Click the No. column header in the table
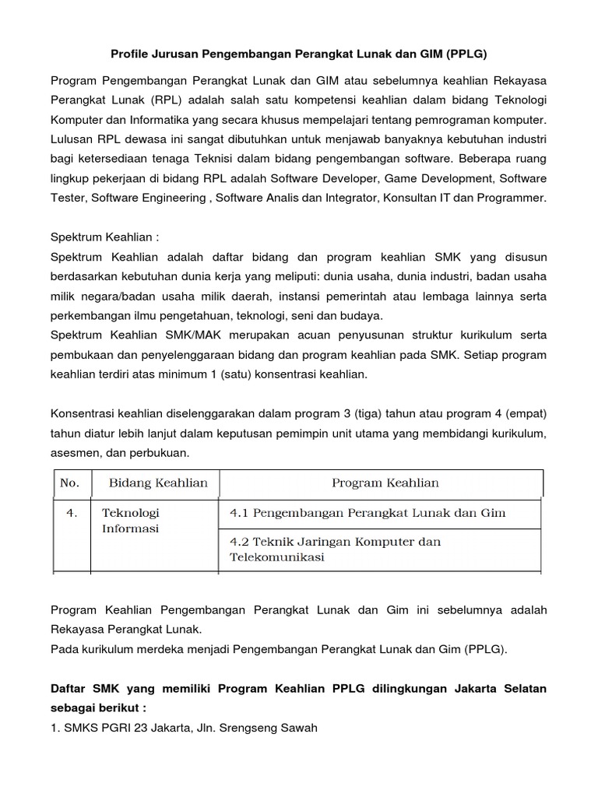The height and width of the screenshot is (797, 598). [x=69, y=483]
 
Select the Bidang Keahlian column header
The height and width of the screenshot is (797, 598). [x=158, y=483]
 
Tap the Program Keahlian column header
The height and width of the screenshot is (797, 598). [x=385, y=483]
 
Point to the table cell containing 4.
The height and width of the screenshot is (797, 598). [x=71, y=513]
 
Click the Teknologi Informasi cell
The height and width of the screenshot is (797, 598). [x=131, y=521]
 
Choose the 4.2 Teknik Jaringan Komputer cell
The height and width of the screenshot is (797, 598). [x=335, y=549]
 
